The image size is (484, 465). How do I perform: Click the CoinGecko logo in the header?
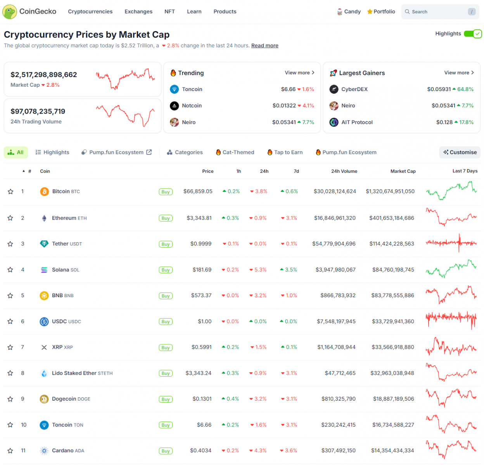coord(29,12)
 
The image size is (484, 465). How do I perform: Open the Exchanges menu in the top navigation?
coord(138,12)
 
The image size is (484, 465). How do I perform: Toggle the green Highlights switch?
coord(473,34)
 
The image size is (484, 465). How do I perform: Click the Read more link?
coord(264,46)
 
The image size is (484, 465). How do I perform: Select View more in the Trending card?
coord(299,73)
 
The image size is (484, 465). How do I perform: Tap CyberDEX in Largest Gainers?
coord(354,89)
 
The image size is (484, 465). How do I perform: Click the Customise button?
coord(460,152)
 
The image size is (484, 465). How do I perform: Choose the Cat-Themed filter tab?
coord(235,152)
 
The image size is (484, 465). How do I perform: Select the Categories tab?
coord(185,152)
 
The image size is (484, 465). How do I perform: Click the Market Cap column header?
coord(403,171)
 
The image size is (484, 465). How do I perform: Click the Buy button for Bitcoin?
coord(166,192)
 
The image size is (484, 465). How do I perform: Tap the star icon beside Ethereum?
coord(10,218)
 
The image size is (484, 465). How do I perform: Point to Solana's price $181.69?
coord(202,270)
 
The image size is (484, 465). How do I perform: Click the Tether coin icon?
coord(44,244)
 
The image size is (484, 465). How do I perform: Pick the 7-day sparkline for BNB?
coord(451,295)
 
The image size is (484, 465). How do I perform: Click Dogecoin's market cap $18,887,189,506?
coord(393,399)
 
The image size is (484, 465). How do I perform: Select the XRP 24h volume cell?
coord(336,347)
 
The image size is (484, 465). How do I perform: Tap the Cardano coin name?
coord(63,451)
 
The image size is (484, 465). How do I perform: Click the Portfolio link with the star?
coord(381,12)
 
